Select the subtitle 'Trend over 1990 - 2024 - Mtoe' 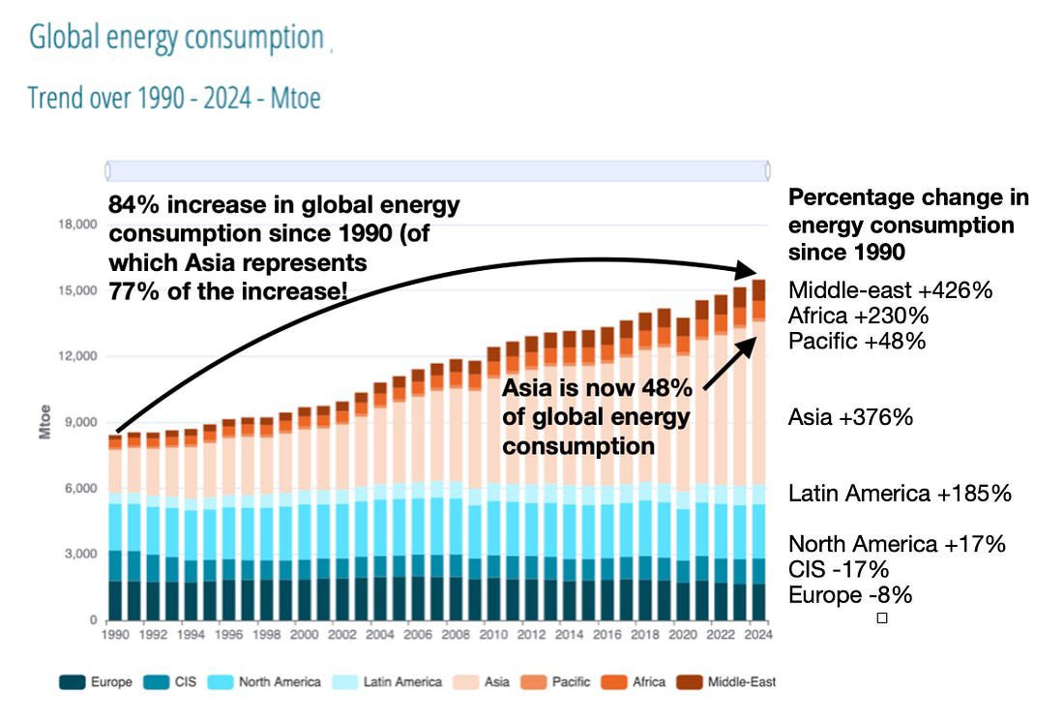[174, 98]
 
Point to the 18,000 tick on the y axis [76, 225]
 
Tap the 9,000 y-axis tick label [80, 422]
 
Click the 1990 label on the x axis [114, 636]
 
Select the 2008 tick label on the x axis [454, 636]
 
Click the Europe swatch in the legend [72, 682]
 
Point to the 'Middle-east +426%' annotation [890, 290]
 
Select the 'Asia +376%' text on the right [850, 417]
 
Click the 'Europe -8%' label [850, 594]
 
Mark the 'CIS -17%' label [838, 569]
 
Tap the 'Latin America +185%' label [900, 494]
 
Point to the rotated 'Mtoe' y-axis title [45, 423]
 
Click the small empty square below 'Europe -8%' [881, 618]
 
